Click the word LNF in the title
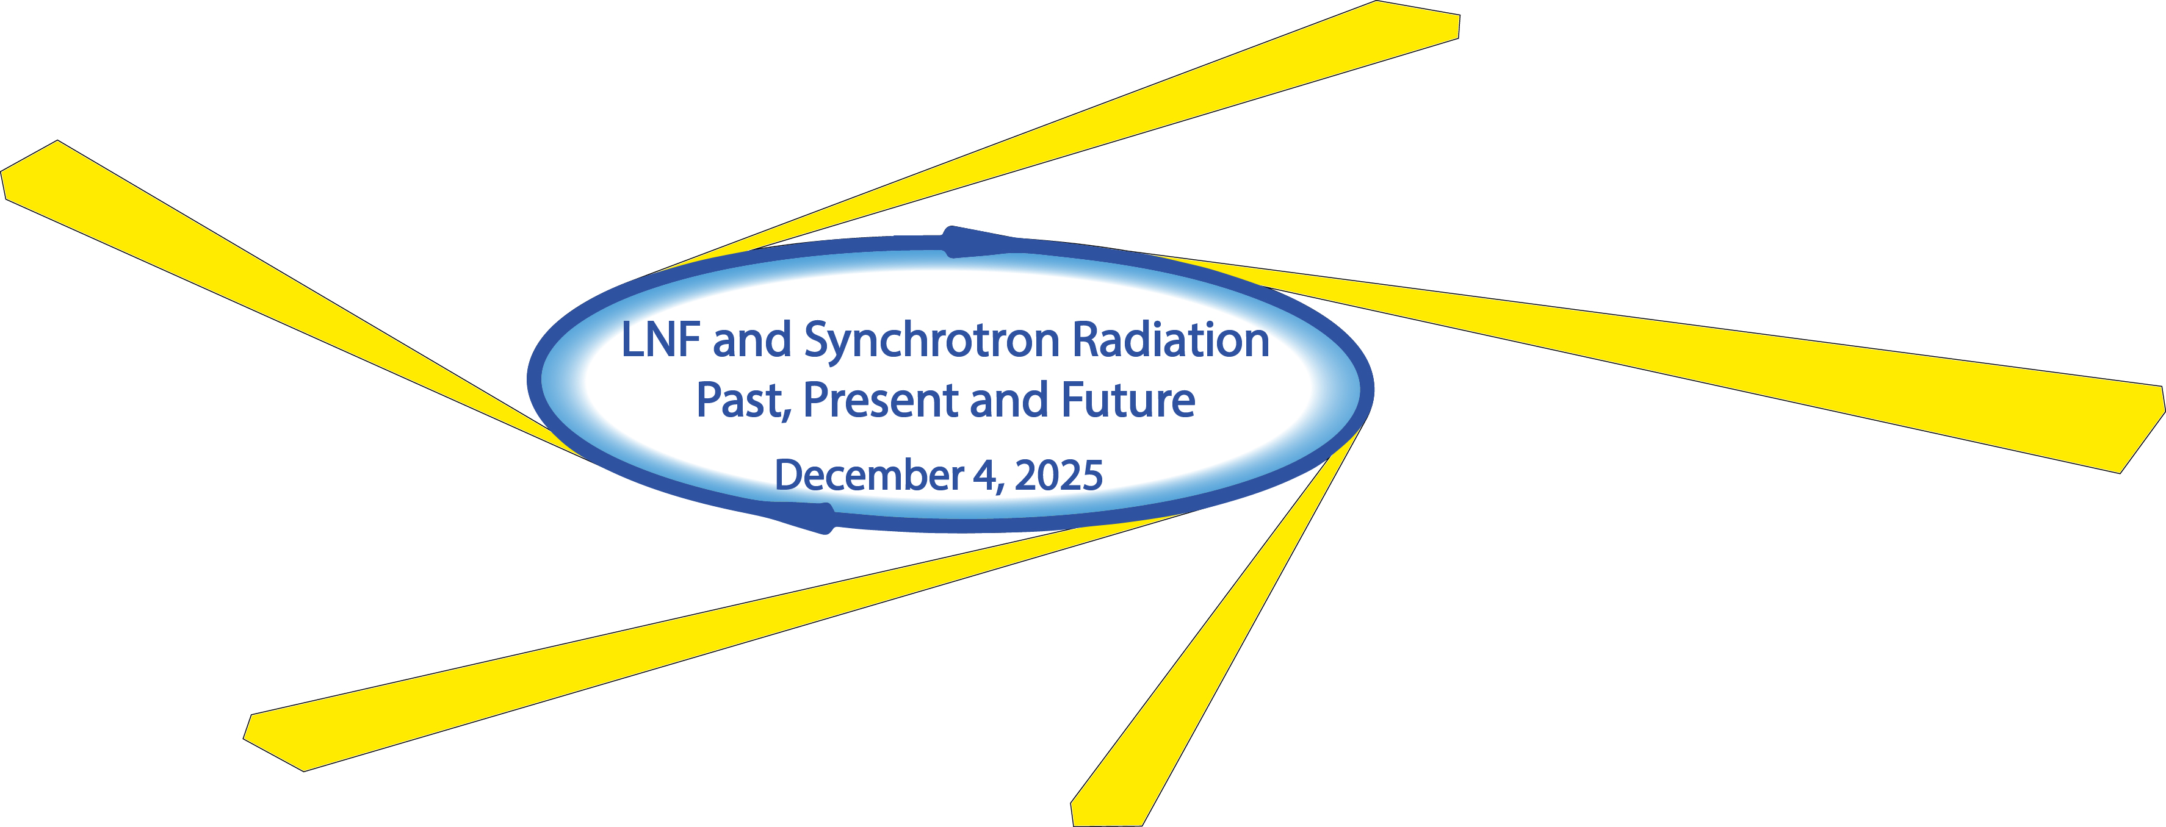coord(660,340)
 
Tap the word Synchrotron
coord(932,343)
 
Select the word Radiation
coord(1171,340)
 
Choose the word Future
coord(1128,400)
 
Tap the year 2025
coord(1059,476)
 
